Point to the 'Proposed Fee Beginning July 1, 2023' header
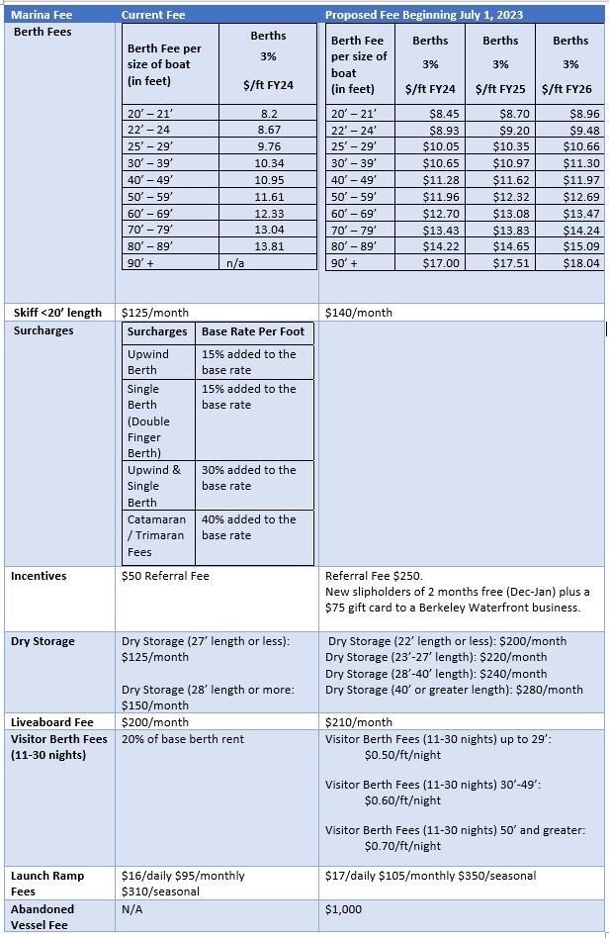click(424, 15)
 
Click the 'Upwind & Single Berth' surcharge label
click(156, 486)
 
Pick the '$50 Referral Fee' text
click(165, 576)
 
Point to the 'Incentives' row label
click(39, 576)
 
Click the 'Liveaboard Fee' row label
click(52, 722)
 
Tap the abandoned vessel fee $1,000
click(343, 908)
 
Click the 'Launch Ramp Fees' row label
click(46, 884)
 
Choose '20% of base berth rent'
click(182, 739)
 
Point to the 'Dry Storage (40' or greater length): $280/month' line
click(454, 690)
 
